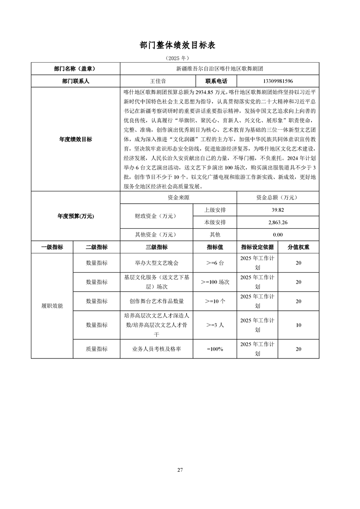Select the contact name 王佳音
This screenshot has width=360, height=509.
tap(158, 81)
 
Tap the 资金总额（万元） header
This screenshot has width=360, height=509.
tap(278, 198)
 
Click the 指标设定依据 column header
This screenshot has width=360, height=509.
tap(257, 247)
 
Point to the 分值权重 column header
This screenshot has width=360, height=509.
tap(298, 247)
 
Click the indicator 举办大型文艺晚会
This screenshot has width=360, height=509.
tap(157, 263)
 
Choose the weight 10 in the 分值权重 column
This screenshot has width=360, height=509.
tap(298, 325)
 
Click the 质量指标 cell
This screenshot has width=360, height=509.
tap(97, 349)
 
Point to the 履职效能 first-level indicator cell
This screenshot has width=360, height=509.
tap(52, 306)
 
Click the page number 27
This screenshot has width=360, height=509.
tap(180, 470)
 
